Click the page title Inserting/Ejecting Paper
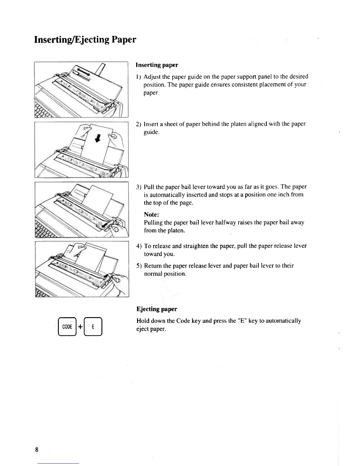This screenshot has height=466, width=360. point(85,39)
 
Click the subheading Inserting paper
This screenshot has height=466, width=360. point(157,65)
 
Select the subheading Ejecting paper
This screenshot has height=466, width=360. point(156,309)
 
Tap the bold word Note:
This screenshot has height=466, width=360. point(151,214)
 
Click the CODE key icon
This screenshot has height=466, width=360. point(67,327)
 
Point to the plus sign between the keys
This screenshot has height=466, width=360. point(80,327)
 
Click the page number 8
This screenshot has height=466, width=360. point(36,450)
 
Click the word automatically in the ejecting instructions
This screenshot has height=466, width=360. point(283,321)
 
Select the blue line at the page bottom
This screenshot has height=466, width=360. point(58,463)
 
